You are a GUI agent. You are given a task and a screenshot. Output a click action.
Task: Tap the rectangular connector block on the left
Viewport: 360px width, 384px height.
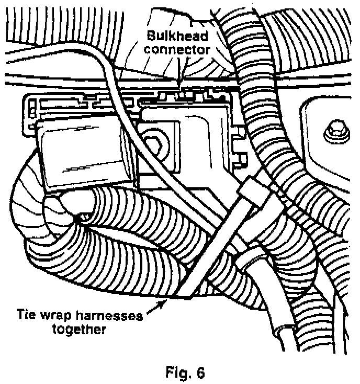84,152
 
